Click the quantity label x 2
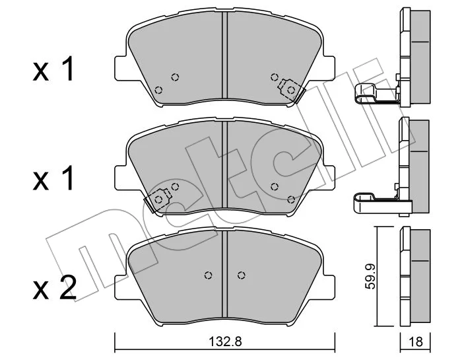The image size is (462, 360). pos(55,288)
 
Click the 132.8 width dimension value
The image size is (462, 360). pos(225,342)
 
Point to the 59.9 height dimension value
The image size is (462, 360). pos(370,276)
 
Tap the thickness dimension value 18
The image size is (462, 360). pos(416,342)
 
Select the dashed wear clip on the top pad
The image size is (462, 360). pos(291,89)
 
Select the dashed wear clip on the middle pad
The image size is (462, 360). pos(158,199)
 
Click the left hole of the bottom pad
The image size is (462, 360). pos(209,275)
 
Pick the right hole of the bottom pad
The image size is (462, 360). pos(242,275)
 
